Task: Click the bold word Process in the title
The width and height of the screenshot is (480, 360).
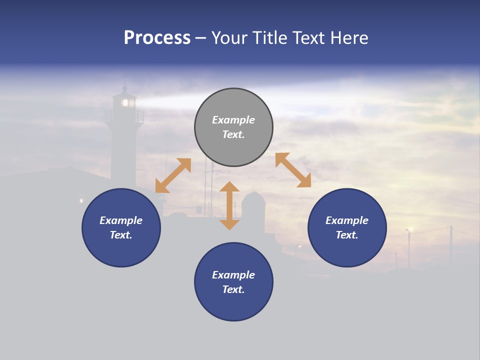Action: point(157,38)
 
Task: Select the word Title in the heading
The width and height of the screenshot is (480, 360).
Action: point(269,38)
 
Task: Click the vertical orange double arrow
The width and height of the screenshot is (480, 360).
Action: point(229,205)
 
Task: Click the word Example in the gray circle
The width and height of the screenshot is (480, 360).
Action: point(233,120)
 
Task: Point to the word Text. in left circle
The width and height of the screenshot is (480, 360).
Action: point(121,235)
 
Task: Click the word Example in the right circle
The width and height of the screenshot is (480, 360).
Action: point(347,220)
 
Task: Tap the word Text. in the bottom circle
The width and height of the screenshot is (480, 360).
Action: point(233,289)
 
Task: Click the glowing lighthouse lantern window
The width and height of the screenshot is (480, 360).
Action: point(125,102)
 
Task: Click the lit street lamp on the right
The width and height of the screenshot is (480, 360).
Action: point(410,229)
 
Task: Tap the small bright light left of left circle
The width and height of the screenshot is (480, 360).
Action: point(81,201)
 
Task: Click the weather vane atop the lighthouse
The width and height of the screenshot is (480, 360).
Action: point(125,77)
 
